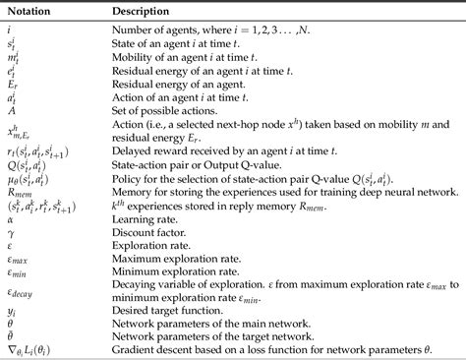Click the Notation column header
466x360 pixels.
point(29,8)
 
